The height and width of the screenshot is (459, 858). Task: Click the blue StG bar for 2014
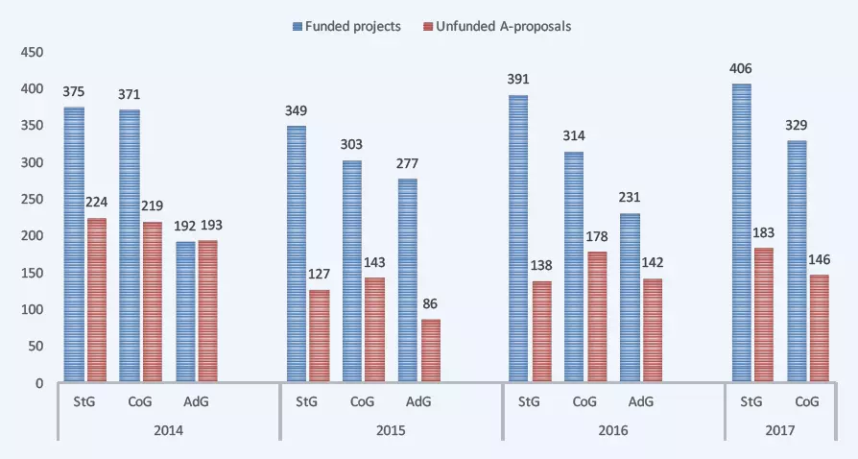(74, 245)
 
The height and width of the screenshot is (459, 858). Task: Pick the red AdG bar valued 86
(430, 350)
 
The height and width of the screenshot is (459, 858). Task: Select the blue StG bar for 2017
(741, 233)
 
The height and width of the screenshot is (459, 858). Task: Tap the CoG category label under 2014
(140, 402)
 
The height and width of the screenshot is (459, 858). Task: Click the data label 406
(742, 67)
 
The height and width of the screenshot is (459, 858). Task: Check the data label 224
(97, 202)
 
